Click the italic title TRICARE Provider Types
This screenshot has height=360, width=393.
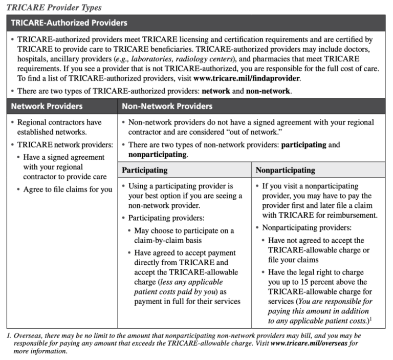click(x=54, y=7)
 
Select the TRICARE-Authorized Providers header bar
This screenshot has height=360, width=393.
click(x=196, y=23)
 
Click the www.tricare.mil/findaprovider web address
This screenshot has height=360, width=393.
click(x=247, y=78)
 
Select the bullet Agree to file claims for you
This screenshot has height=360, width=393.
click(x=68, y=189)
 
